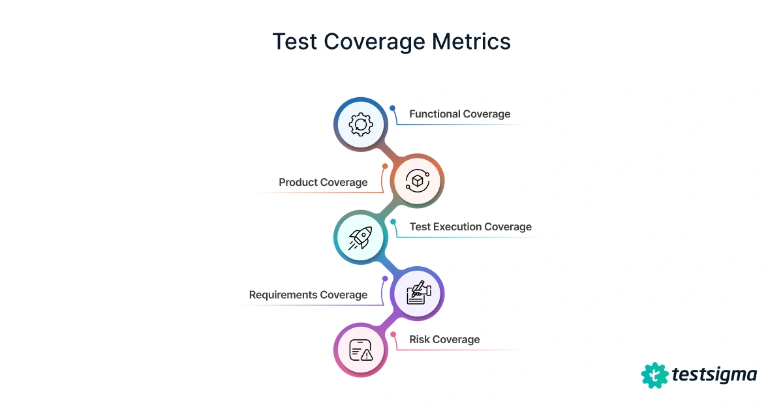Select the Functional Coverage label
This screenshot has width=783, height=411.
pyautogui.click(x=459, y=114)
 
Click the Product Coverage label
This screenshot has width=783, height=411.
pyautogui.click(x=323, y=183)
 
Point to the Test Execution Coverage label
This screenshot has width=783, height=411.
pyautogui.click(x=470, y=227)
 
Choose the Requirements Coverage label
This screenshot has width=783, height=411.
pyautogui.click(x=308, y=295)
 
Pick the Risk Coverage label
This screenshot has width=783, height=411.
pyautogui.click(x=444, y=340)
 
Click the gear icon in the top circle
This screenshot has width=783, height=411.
pyautogui.click(x=360, y=124)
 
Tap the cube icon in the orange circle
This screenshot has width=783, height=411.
pyautogui.click(x=417, y=181)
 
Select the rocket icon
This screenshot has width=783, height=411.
pyautogui.click(x=360, y=237)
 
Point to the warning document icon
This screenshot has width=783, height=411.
pyautogui.click(x=360, y=350)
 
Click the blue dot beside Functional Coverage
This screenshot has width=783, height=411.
pyautogui.click(x=393, y=108)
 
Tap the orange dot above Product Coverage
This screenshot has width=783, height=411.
pyautogui.click(x=385, y=166)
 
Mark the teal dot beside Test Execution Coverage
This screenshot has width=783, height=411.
pyautogui.click(x=393, y=222)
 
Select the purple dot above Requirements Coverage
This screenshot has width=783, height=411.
pyautogui.click(x=385, y=279)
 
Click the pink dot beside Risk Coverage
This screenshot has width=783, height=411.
pyautogui.click(x=393, y=335)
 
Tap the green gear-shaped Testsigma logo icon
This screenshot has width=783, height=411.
pyautogui.click(x=654, y=375)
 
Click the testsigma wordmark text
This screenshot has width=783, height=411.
pyautogui.click(x=714, y=375)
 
